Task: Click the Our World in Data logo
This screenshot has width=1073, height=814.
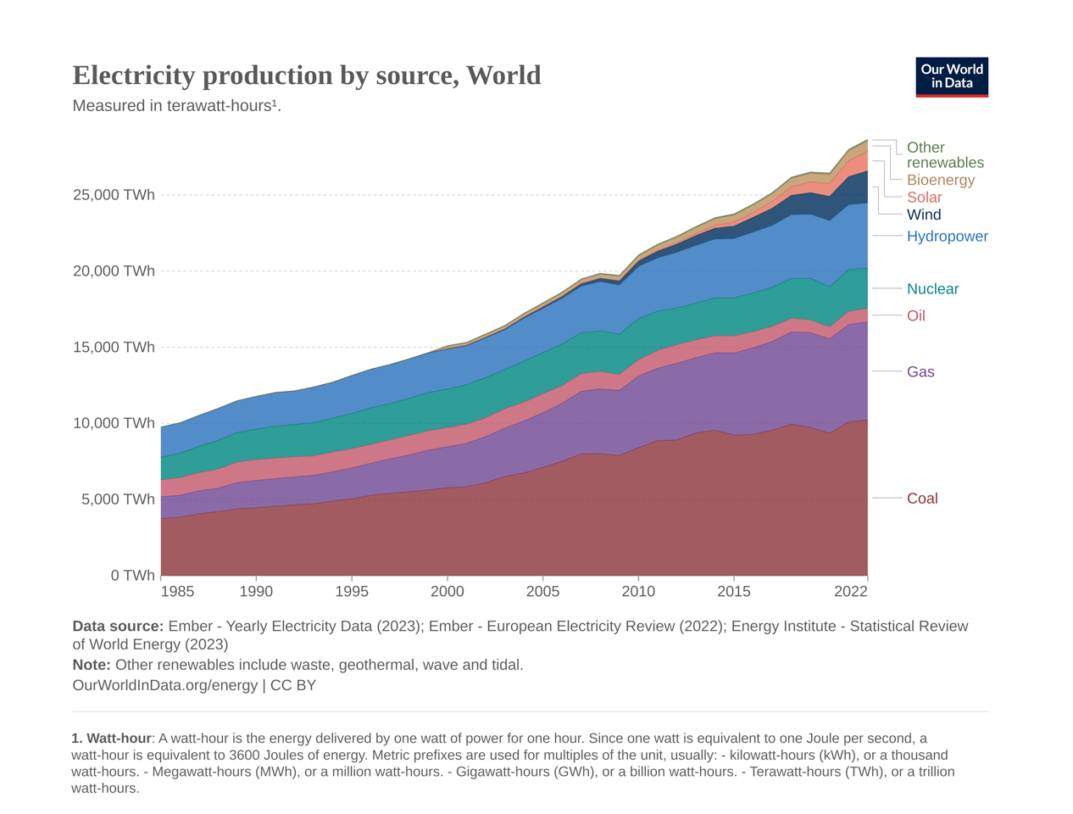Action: [x=951, y=77]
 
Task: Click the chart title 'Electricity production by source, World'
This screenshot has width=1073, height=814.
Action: [x=306, y=75]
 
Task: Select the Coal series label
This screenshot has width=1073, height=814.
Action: [x=922, y=499]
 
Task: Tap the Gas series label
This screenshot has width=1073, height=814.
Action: [x=920, y=372]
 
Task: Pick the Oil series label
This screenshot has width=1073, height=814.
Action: [x=915, y=315]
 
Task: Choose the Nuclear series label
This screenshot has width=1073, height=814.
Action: [x=932, y=289]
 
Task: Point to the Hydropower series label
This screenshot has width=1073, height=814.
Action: [x=947, y=237]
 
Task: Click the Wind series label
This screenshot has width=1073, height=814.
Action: [x=924, y=215]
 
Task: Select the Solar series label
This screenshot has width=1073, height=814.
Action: [x=924, y=198]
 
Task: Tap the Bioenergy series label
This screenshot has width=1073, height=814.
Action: [x=940, y=180]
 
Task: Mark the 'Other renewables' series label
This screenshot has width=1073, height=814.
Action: [x=944, y=155]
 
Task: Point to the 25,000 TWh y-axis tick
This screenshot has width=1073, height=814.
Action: [x=114, y=195]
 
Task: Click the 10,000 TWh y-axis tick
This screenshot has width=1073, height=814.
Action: [x=114, y=423]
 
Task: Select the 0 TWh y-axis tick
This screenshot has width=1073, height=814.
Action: [x=132, y=576]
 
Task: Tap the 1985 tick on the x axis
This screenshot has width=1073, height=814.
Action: [x=176, y=592]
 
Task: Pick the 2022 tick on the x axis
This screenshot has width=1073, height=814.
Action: [x=850, y=592]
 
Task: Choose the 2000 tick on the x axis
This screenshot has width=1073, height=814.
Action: [x=448, y=592]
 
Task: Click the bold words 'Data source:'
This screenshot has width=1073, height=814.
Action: [x=118, y=627]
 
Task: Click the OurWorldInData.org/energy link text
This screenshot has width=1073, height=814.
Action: [x=164, y=685]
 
